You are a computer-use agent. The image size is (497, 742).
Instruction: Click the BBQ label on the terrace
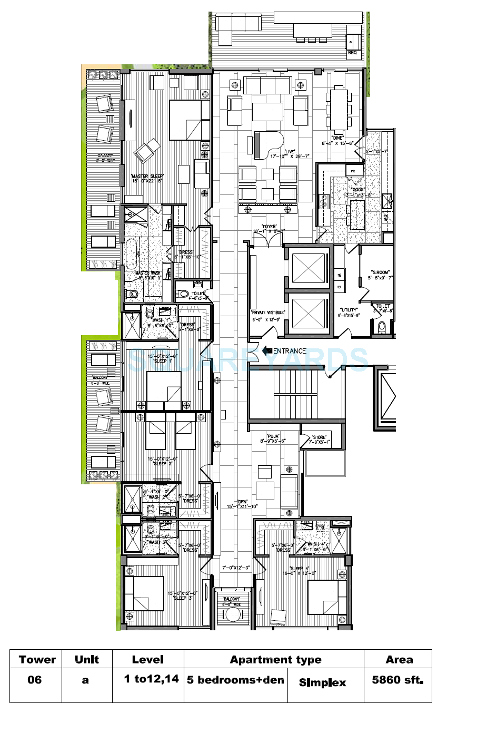[352, 53]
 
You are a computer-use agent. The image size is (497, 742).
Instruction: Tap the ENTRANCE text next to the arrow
[290, 351]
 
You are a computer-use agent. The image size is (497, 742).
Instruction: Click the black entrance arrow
[267, 350]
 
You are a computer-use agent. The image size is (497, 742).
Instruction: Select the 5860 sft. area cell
[397, 680]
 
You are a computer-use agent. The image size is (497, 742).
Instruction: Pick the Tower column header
[37, 660]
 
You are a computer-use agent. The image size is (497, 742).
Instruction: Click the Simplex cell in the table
[322, 682]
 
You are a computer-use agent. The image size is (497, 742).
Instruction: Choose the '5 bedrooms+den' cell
[235, 680]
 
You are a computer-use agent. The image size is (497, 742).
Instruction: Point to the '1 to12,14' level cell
[151, 679]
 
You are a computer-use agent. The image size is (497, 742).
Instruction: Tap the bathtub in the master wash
[131, 253]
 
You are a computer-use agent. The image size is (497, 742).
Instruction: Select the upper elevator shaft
[308, 269]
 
